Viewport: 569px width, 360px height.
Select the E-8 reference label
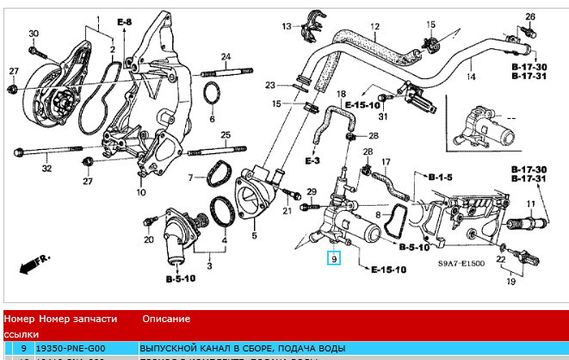pos(123,22)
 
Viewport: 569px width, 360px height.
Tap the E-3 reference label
pos(312,161)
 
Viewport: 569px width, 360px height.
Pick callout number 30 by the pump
pos(34,33)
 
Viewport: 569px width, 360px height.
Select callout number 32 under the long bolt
pos(47,169)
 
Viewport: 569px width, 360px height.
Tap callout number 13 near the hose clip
pos(286,27)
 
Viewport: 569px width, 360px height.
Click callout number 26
pos(530,16)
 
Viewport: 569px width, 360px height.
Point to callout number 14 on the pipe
pos(470,78)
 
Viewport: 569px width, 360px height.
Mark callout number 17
pos(386,161)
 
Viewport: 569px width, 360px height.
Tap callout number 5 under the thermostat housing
pos(255,236)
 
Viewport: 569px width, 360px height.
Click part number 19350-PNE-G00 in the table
pos(72,347)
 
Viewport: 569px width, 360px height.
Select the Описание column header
pos(162,318)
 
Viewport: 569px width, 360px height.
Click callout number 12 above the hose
pos(375,27)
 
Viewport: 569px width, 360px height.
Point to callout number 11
pos(531,204)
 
